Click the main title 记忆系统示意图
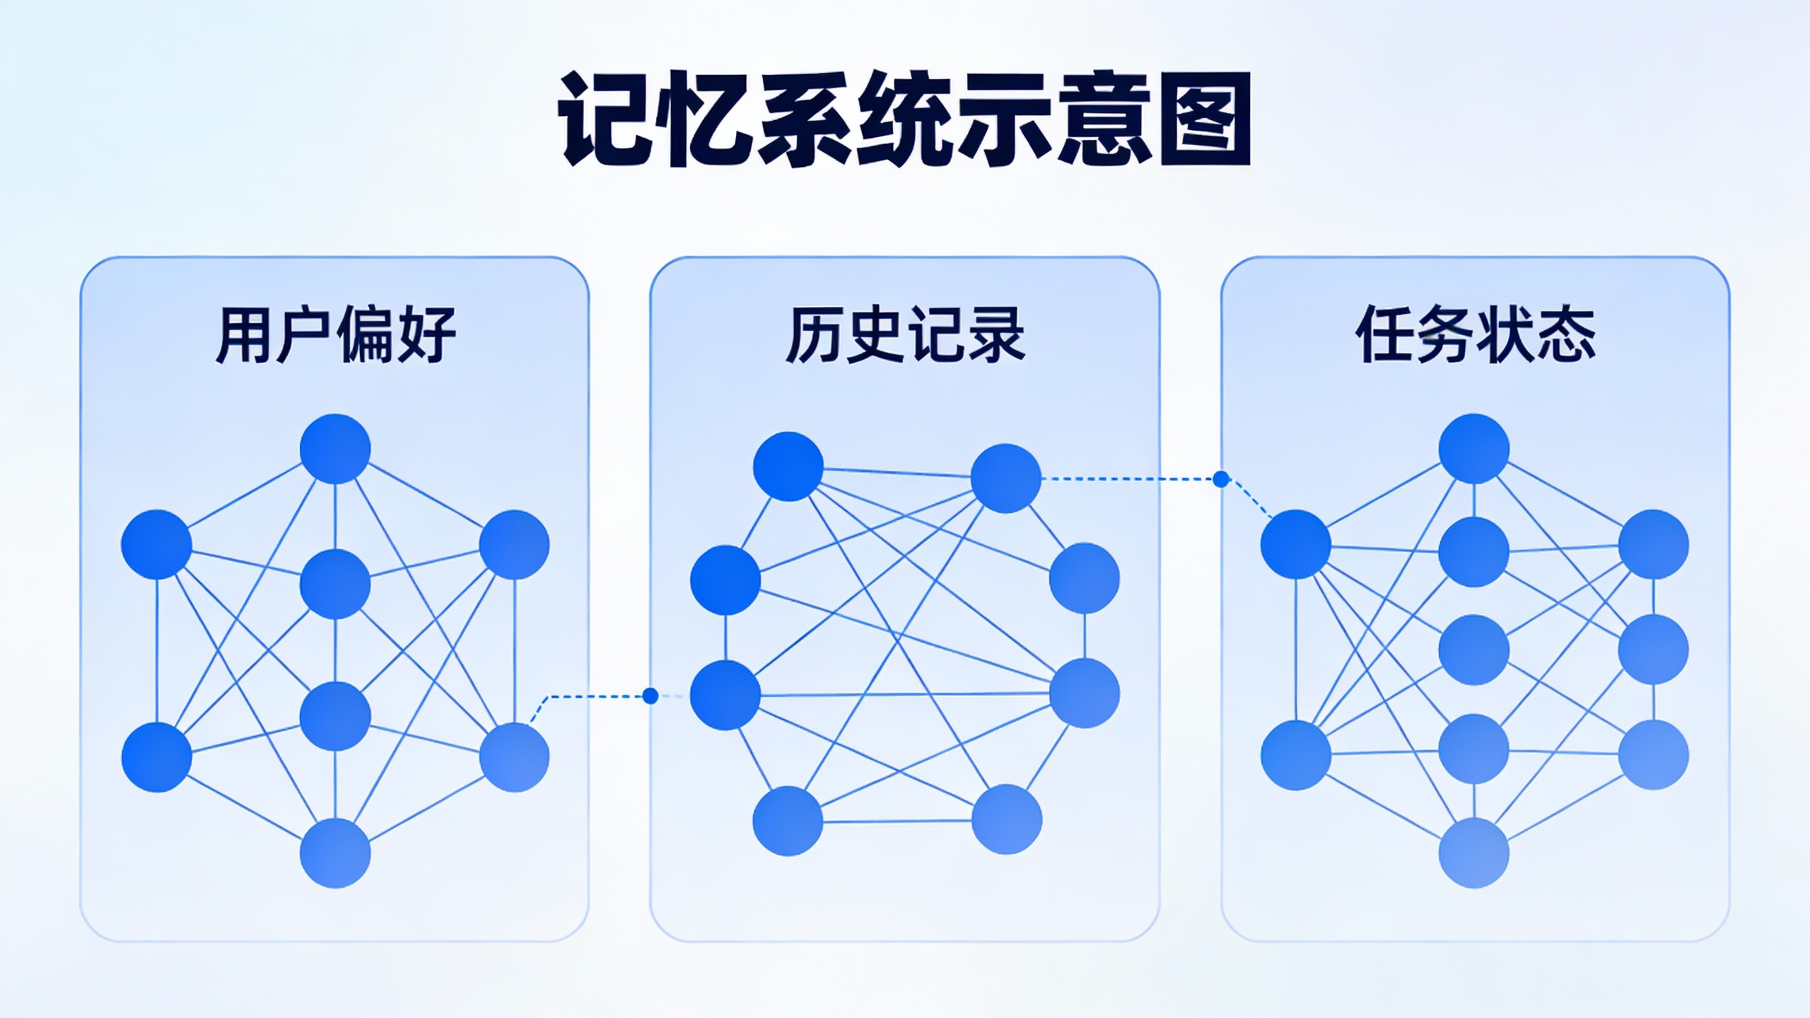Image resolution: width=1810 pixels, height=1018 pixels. (x=904, y=119)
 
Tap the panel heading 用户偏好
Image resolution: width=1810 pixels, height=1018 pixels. (x=335, y=334)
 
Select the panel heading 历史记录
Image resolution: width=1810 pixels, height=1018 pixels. (x=905, y=334)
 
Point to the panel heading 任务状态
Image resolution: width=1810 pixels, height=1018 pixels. (x=1476, y=334)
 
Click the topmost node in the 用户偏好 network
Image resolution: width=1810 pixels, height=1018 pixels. (x=335, y=449)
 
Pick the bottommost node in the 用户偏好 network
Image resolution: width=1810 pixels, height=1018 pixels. (x=335, y=853)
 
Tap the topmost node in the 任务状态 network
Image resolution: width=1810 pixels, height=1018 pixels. (x=1474, y=449)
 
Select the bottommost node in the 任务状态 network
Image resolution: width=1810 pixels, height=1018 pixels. (x=1474, y=853)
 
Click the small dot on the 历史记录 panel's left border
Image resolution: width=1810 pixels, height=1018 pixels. (x=650, y=696)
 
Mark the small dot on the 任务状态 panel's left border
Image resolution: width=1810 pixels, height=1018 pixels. (x=1221, y=479)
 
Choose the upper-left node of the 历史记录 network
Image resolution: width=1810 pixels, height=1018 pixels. (x=788, y=467)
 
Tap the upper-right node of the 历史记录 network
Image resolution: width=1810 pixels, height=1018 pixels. (x=1006, y=479)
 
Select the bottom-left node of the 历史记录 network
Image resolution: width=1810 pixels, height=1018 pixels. (x=788, y=821)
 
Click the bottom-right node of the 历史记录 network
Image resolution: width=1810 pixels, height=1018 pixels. (x=1007, y=819)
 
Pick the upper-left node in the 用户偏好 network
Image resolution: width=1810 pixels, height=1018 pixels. (x=156, y=544)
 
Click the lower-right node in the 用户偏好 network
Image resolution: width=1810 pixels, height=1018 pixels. (x=514, y=757)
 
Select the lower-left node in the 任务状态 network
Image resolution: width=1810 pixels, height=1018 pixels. (x=1296, y=755)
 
